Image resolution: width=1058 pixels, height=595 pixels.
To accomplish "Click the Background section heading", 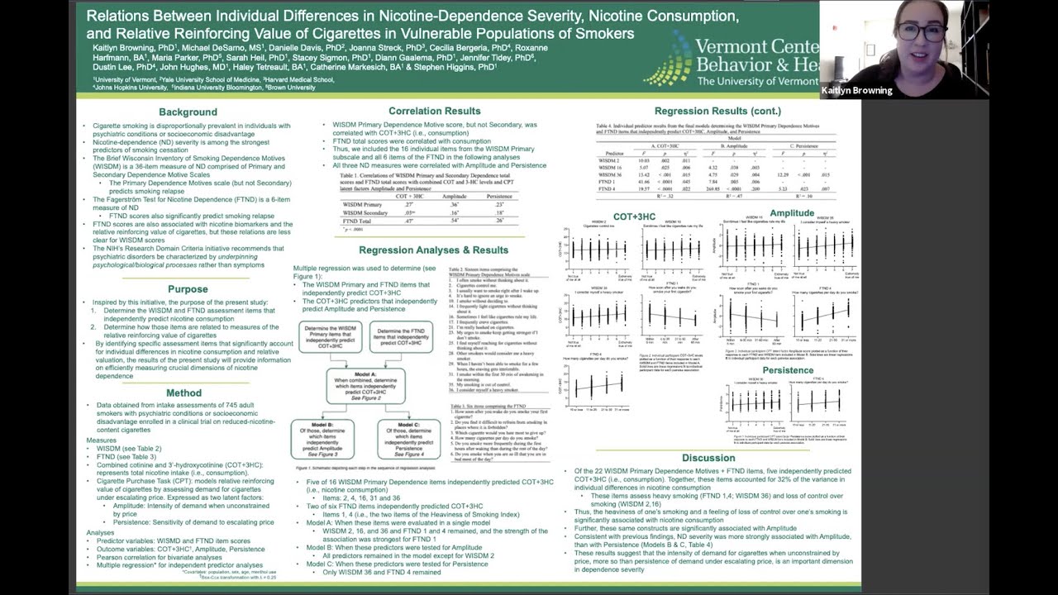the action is [188, 112].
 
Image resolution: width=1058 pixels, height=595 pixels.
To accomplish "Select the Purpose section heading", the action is [188, 289].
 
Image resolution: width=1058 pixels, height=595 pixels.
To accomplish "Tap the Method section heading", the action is [183, 393].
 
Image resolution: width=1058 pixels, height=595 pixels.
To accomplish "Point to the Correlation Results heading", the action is [434, 111].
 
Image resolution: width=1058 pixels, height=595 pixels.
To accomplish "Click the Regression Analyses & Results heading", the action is [433, 250].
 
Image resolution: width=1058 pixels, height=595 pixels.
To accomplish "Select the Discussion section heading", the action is [708, 458].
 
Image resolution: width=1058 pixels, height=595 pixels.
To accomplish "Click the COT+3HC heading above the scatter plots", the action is [634, 217].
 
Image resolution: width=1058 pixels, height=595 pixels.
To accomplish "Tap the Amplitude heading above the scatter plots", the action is [791, 213].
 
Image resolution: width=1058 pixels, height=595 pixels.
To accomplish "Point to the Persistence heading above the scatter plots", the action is [788, 370].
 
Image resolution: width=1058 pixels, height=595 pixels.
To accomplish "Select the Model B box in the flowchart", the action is [322, 439].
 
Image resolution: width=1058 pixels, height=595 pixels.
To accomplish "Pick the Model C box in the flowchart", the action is [408, 439].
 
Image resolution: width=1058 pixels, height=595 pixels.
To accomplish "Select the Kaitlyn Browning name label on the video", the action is [856, 91].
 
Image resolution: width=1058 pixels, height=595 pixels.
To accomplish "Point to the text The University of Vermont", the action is [757, 81].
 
